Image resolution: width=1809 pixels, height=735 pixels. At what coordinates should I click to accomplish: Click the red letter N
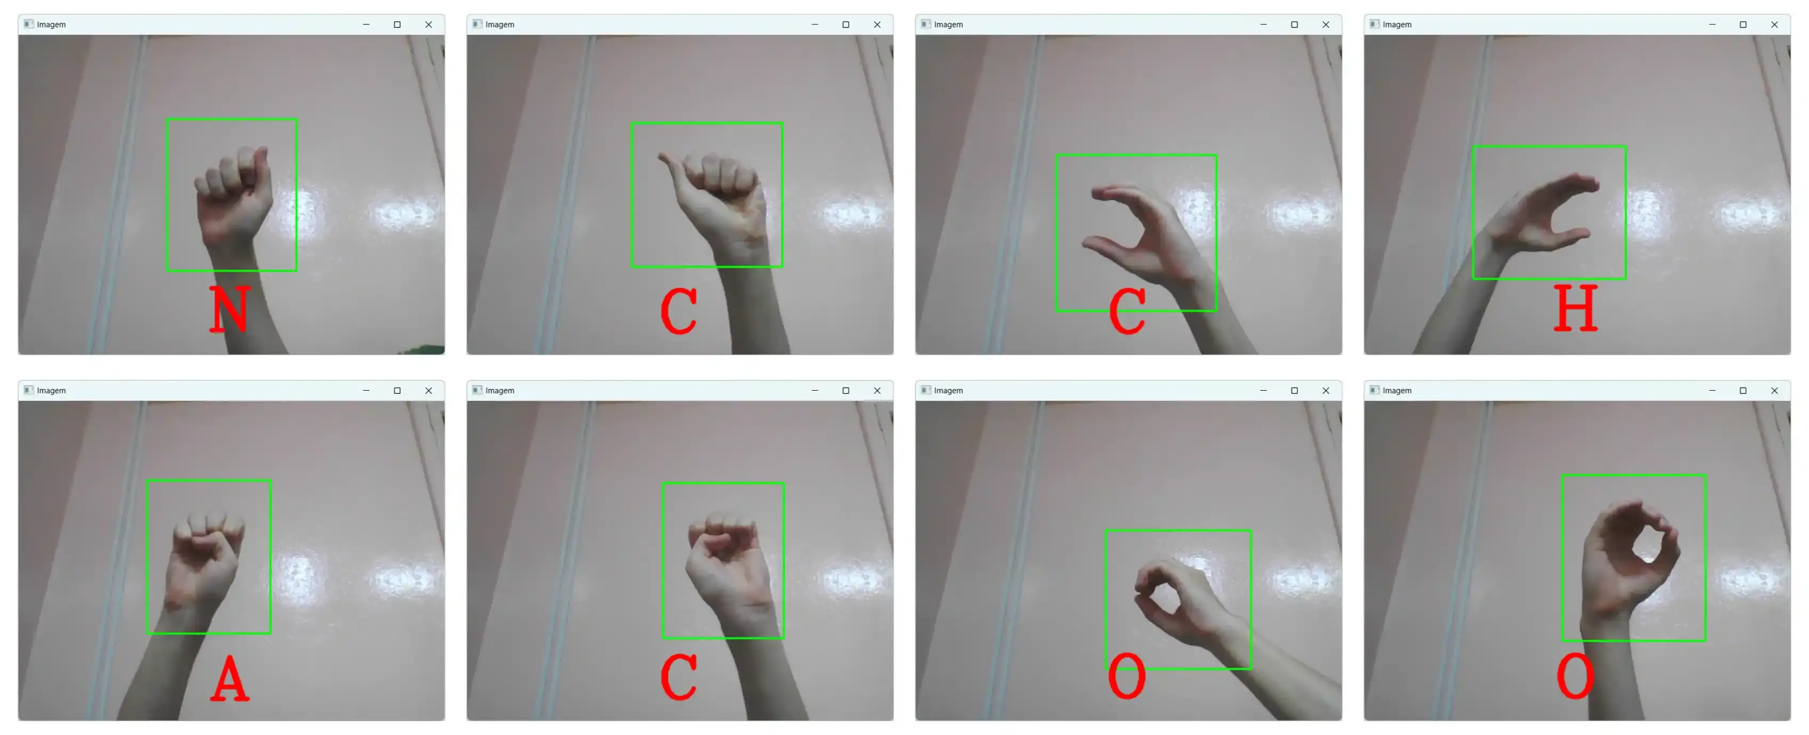click(230, 309)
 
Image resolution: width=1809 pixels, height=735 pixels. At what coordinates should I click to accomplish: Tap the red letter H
click(1576, 308)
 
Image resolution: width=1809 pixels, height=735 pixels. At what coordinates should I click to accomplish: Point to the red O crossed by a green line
click(1126, 675)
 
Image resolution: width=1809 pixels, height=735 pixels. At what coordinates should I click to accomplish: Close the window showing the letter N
click(428, 25)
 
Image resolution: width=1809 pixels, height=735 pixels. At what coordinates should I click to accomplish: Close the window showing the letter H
click(1774, 25)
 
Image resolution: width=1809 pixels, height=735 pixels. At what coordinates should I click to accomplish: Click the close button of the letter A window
click(428, 391)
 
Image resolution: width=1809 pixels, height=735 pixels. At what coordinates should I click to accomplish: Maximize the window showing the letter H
click(1743, 25)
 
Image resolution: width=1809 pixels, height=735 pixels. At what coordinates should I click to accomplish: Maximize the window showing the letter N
click(398, 25)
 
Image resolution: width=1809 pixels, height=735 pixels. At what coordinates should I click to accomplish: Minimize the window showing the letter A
click(366, 391)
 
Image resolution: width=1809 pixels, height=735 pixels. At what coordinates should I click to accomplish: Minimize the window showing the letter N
click(366, 25)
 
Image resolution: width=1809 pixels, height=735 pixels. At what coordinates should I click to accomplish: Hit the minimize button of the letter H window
click(1711, 25)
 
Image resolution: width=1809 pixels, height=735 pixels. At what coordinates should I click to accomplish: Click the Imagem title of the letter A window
click(51, 391)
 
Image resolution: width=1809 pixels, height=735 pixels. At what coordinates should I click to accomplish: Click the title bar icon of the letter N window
click(28, 24)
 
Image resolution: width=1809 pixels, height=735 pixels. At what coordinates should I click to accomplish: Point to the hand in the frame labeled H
click(1538, 214)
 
